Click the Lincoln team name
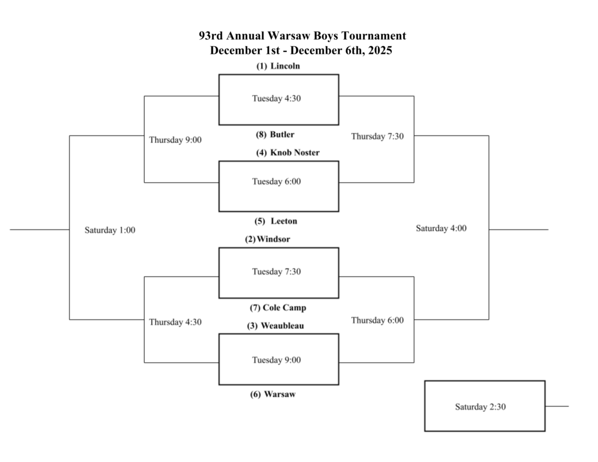click(285, 66)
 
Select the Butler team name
click(282, 134)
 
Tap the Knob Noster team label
click(295, 152)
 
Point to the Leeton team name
click(284, 221)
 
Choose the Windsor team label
click(273, 239)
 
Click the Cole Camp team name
click(284, 307)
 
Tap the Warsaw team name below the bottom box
click(280, 394)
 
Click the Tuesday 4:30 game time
click(276, 98)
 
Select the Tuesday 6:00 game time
click(276, 182)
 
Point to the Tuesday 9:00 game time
click(276, 360)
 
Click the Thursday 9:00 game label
click(175, 140)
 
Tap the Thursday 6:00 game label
click(377, 320)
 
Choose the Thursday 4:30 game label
click(175, 322)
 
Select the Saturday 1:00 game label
click(110, 230)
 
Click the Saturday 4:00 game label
click(441, 228)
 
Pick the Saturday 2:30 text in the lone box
click(480, 407)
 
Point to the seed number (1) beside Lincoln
click(261, 66)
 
